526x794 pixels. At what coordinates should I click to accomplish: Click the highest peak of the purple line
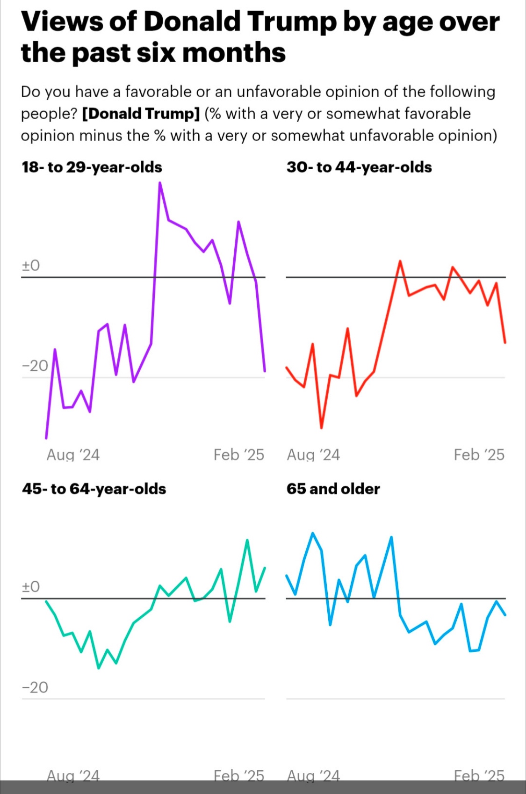[160, 183]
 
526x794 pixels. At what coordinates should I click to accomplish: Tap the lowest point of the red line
[321, 427]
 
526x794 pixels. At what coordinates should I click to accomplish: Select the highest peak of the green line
[247, 540]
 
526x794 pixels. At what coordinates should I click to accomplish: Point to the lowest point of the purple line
[46, 438]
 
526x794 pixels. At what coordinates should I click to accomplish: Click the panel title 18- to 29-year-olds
[92, 167]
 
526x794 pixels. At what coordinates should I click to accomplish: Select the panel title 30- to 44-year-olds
[359, 167]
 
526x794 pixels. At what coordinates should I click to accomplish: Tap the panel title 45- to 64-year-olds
[94, 489]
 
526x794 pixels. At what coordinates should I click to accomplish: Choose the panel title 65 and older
[333, 489]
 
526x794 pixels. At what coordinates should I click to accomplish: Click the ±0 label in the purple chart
[31, 266]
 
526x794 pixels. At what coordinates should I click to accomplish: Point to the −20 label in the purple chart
[35, 366]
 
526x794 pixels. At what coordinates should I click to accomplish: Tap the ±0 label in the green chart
[31, 587]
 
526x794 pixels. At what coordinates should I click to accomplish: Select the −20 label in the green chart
[35, 687]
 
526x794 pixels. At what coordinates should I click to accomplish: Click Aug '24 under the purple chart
[73, 455]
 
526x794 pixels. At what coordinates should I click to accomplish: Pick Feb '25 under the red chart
[479, 455]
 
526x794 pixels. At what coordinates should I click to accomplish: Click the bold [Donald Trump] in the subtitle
[141, 114]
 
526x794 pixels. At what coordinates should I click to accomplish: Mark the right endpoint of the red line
[505, 343]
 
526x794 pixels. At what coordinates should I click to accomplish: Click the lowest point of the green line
[99, 668]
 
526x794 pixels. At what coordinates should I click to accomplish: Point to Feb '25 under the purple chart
[238, 455]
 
